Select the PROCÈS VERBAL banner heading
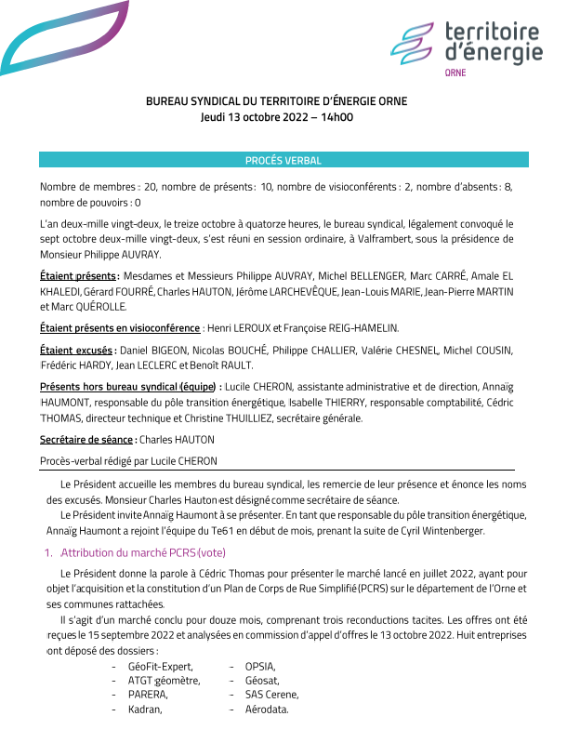click(283, 161)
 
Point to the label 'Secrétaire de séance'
click(86, 440)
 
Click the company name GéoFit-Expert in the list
click(160, 667)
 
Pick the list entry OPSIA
click(259, 667)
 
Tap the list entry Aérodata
click(267, 710)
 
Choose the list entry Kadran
click(145, 710)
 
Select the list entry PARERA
click(148, 696)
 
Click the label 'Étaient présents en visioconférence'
click(120, 327)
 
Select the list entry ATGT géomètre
click(165, 681)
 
